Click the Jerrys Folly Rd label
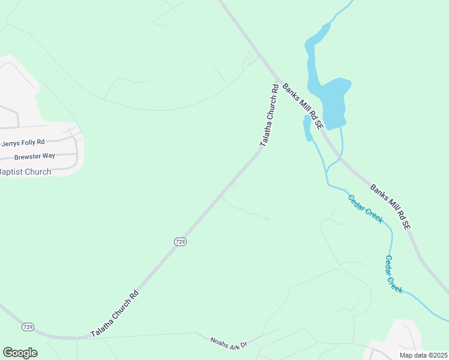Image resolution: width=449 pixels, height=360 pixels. click(x=23, y=143)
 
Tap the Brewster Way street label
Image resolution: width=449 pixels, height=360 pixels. click(x=35, y=156)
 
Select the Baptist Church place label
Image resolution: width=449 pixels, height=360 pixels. click(x=25, y=172)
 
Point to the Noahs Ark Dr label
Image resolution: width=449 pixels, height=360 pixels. click(x=229, y=344)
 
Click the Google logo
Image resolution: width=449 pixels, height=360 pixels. click(x=20, y=353)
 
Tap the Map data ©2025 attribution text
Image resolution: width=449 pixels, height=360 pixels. click(x=423, y=355)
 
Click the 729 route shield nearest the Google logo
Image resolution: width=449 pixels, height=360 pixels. click(x=28, y=327)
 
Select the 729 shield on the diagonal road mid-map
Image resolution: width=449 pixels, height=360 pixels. click(x=181, y=241)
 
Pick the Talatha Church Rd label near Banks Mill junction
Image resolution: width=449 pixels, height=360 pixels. click(x=269, y=116)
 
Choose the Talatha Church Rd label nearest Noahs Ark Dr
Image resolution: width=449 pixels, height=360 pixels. click(x=115, y=314)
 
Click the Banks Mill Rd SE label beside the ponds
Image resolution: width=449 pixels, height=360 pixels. click(x=303, y=106)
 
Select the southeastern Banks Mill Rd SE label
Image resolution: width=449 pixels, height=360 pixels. click(x=390, y=207)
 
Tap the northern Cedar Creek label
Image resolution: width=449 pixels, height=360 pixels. click(x=366, y=208)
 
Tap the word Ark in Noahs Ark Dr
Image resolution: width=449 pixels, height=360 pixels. click(x=231, y=344)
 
